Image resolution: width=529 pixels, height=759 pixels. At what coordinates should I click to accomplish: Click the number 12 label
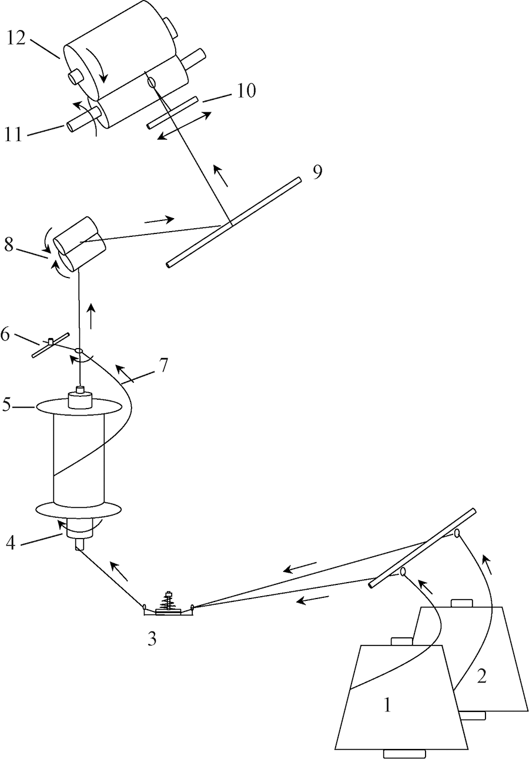pos(16,39)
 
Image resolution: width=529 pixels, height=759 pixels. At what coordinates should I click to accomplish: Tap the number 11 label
pos(13,135)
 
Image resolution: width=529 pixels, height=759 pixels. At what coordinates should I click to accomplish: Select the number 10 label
pos(246,91)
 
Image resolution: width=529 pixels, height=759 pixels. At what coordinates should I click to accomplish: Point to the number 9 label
pos(317,172)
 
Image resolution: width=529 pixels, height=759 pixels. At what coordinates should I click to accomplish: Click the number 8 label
pos(9,245)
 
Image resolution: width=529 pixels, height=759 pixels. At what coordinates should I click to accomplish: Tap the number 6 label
pos(163,365)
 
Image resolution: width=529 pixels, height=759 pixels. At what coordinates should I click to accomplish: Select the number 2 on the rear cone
pos(481,676)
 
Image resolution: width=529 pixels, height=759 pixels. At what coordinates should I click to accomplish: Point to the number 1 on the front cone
pos(387,705)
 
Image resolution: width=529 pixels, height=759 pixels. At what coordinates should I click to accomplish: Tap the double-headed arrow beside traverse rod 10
pos(185,125)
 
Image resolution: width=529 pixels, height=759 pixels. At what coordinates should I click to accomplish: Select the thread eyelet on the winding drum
pos(151,82)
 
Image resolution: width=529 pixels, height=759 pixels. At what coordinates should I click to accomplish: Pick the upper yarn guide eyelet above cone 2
pos(457,533)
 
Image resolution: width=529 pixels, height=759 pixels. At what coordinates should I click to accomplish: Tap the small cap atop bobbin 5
pos(80,390)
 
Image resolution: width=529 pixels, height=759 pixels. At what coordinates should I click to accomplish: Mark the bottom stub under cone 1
pos(404,754)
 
